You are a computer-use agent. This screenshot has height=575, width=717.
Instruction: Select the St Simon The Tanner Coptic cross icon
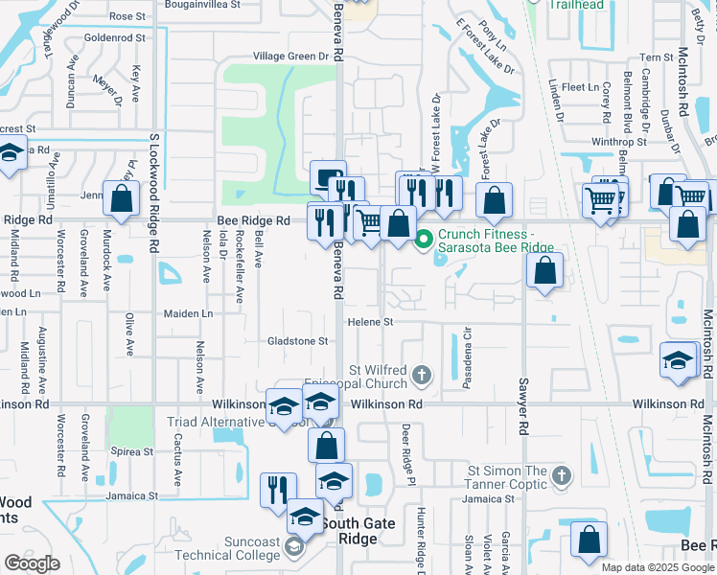(x=563, y=474)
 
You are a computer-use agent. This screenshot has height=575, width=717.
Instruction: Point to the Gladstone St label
(x=297, y=340)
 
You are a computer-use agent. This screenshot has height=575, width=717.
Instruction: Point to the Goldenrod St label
(x=114, y=37)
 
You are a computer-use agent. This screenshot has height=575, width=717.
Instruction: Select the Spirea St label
(x=133, y=451)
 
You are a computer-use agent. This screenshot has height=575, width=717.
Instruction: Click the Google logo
(x=32, y=563)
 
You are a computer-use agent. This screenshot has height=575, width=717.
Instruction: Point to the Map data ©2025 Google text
(x=657, y=567)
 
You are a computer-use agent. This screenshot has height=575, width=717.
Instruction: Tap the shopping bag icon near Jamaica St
(x=588, y=540)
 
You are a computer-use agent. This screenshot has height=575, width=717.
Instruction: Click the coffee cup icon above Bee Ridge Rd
(x=328, y=177)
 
